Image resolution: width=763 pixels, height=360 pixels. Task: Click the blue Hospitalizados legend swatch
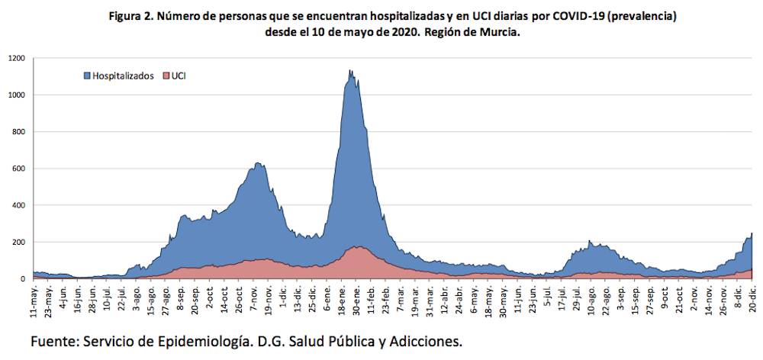(88, 76)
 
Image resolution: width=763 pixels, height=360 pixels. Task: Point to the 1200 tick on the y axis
(17, 58)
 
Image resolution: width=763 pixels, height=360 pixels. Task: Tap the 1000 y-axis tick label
(17, 95)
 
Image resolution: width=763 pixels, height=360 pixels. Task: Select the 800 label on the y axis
(19, 132)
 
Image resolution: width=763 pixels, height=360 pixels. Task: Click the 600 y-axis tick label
(19, 169)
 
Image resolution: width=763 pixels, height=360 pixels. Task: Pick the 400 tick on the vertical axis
(19, 205)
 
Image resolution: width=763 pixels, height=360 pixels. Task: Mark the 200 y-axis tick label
(19, 242)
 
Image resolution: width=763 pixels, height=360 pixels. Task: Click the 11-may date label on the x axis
(34, 301)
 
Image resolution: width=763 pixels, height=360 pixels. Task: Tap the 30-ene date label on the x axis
(356, 301)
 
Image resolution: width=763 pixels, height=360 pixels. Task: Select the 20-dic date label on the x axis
(752, 301)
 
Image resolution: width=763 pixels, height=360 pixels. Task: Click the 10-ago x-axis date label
(591, 301)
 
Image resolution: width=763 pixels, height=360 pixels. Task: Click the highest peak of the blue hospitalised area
(350, 72)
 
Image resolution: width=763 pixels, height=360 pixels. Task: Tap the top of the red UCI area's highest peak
(359, 247)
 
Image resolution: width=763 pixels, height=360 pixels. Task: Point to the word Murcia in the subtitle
(498, 33)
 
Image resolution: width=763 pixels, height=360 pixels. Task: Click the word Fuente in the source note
(53, 341)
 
